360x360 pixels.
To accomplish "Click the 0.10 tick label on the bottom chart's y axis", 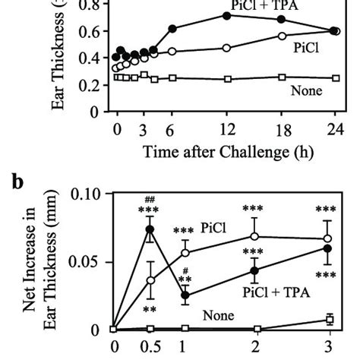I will [84, 194].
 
